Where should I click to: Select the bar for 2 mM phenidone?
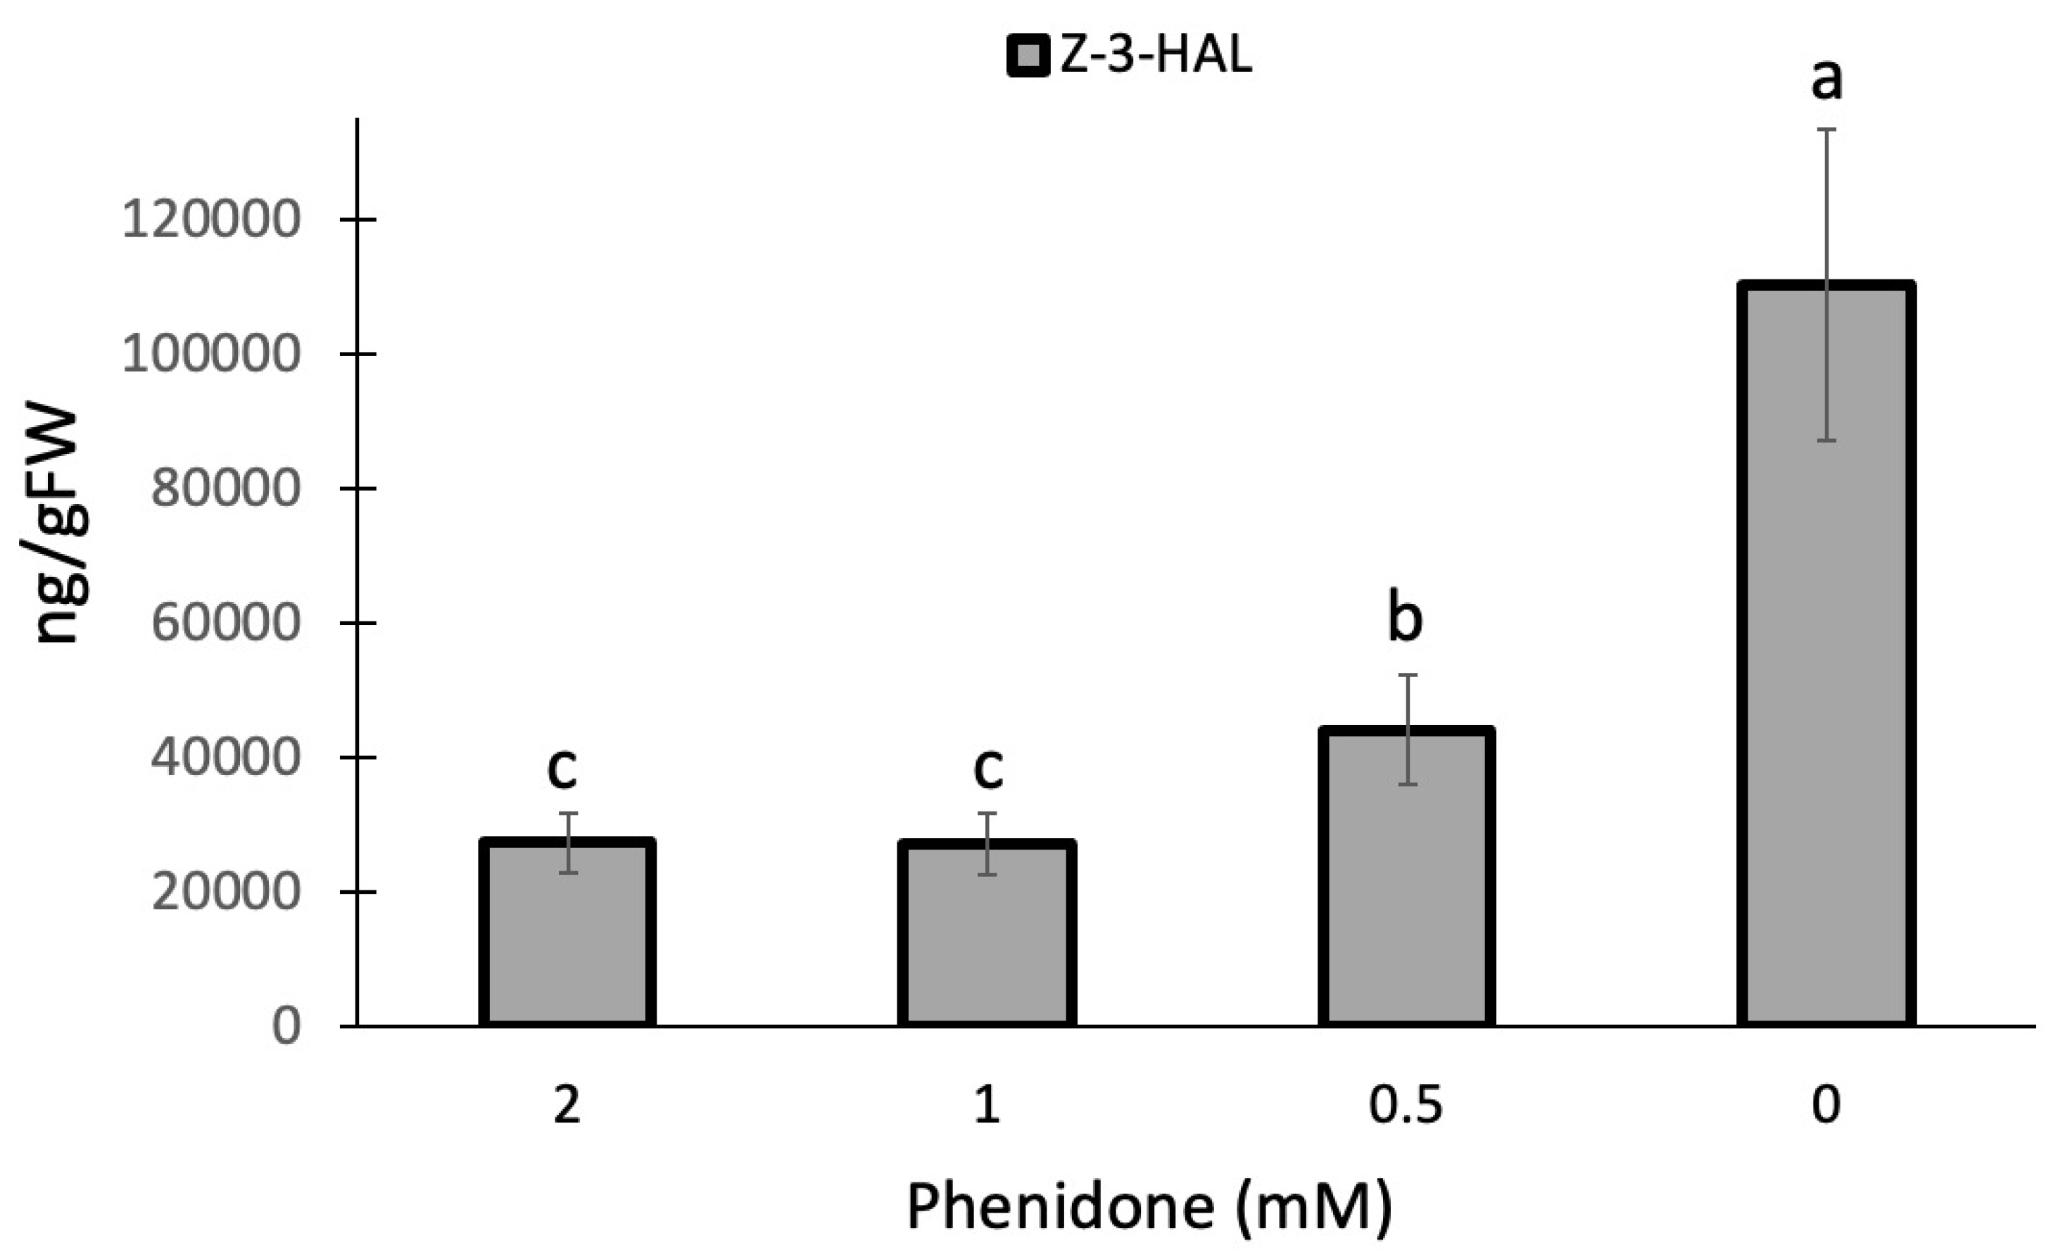pos(567,935)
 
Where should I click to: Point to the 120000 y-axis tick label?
pos(210,220)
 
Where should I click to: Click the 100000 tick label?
pos(210,354)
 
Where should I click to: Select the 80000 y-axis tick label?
pos(225,488)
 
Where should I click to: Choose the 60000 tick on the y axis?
pos(225,623)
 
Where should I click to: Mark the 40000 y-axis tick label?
pos(225,757)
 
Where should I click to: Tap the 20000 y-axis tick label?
pos(225,892)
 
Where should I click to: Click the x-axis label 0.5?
pos(1406,1105)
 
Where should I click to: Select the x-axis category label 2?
pos(567,1105)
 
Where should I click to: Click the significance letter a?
pos(1826,80)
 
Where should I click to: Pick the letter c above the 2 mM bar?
pos(562,769)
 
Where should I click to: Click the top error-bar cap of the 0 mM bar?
pos(1826,130)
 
